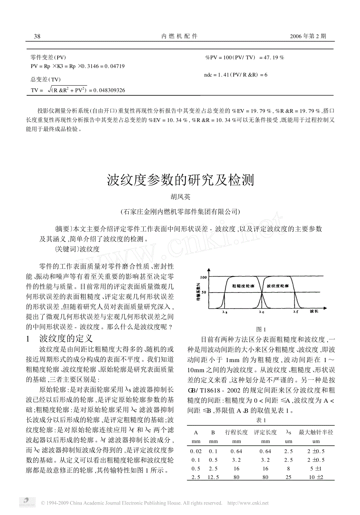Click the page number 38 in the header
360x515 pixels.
(x=37, y=36)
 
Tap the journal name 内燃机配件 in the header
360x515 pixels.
(x=180, y=36)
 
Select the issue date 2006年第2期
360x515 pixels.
(x=308, y=36)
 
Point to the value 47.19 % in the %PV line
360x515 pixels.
(x=274, y=57)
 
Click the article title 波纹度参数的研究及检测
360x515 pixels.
(x=180, y=180)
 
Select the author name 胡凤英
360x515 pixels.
(x=180, y=197)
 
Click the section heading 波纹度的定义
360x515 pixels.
(x=66, y=339)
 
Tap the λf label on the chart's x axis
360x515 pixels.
(x=295, y=312)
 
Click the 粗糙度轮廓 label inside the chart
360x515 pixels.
(x=243, y=286)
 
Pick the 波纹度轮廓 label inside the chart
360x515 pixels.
(x=278, y=286)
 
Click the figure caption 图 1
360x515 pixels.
(x=261, y=329)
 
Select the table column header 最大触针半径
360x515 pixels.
(x=316, y=432)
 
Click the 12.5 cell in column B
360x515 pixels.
(x=213, y=477)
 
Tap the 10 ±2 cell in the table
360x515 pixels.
(x=316, y=477)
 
